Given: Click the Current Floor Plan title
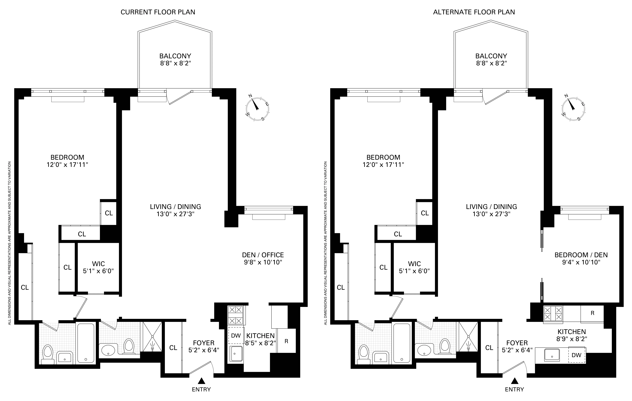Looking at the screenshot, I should [x=158, y=12].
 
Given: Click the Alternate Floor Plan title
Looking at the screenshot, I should [x=474, y=12].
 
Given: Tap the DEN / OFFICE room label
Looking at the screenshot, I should [x=263, y=255].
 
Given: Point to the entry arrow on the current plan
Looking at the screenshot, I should [x=201, y=381].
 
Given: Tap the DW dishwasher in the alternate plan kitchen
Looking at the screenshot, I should [x=576, y=355].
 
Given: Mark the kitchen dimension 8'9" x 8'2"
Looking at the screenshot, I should [x=571, y=339].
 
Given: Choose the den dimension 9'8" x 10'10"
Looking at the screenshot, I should [x=263, y=262].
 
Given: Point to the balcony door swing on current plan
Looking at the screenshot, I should [x=178, y=97].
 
